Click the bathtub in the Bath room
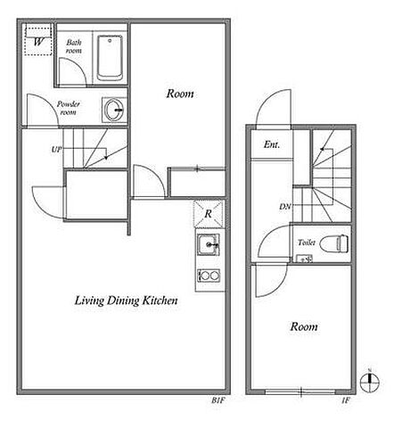click(110, 58)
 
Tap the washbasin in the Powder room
click(114, 110)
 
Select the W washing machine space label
click(38, 42)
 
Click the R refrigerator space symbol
click(209, 213)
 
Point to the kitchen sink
click(209, 245)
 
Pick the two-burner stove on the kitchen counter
click(209, 276)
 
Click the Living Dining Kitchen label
click(126, 300)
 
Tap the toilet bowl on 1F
click(334, 243)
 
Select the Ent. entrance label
click(272, 144)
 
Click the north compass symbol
click(370, 381)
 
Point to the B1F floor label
click(218, 400)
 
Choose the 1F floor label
click(346, 400)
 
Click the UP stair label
click(56, 149)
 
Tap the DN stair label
click(285, 206)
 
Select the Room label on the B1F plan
click(180, 94)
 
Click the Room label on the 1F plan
click(304, 326)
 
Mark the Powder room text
click(69, 108)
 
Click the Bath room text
click(74, 46)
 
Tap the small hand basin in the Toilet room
click(304, 259)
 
